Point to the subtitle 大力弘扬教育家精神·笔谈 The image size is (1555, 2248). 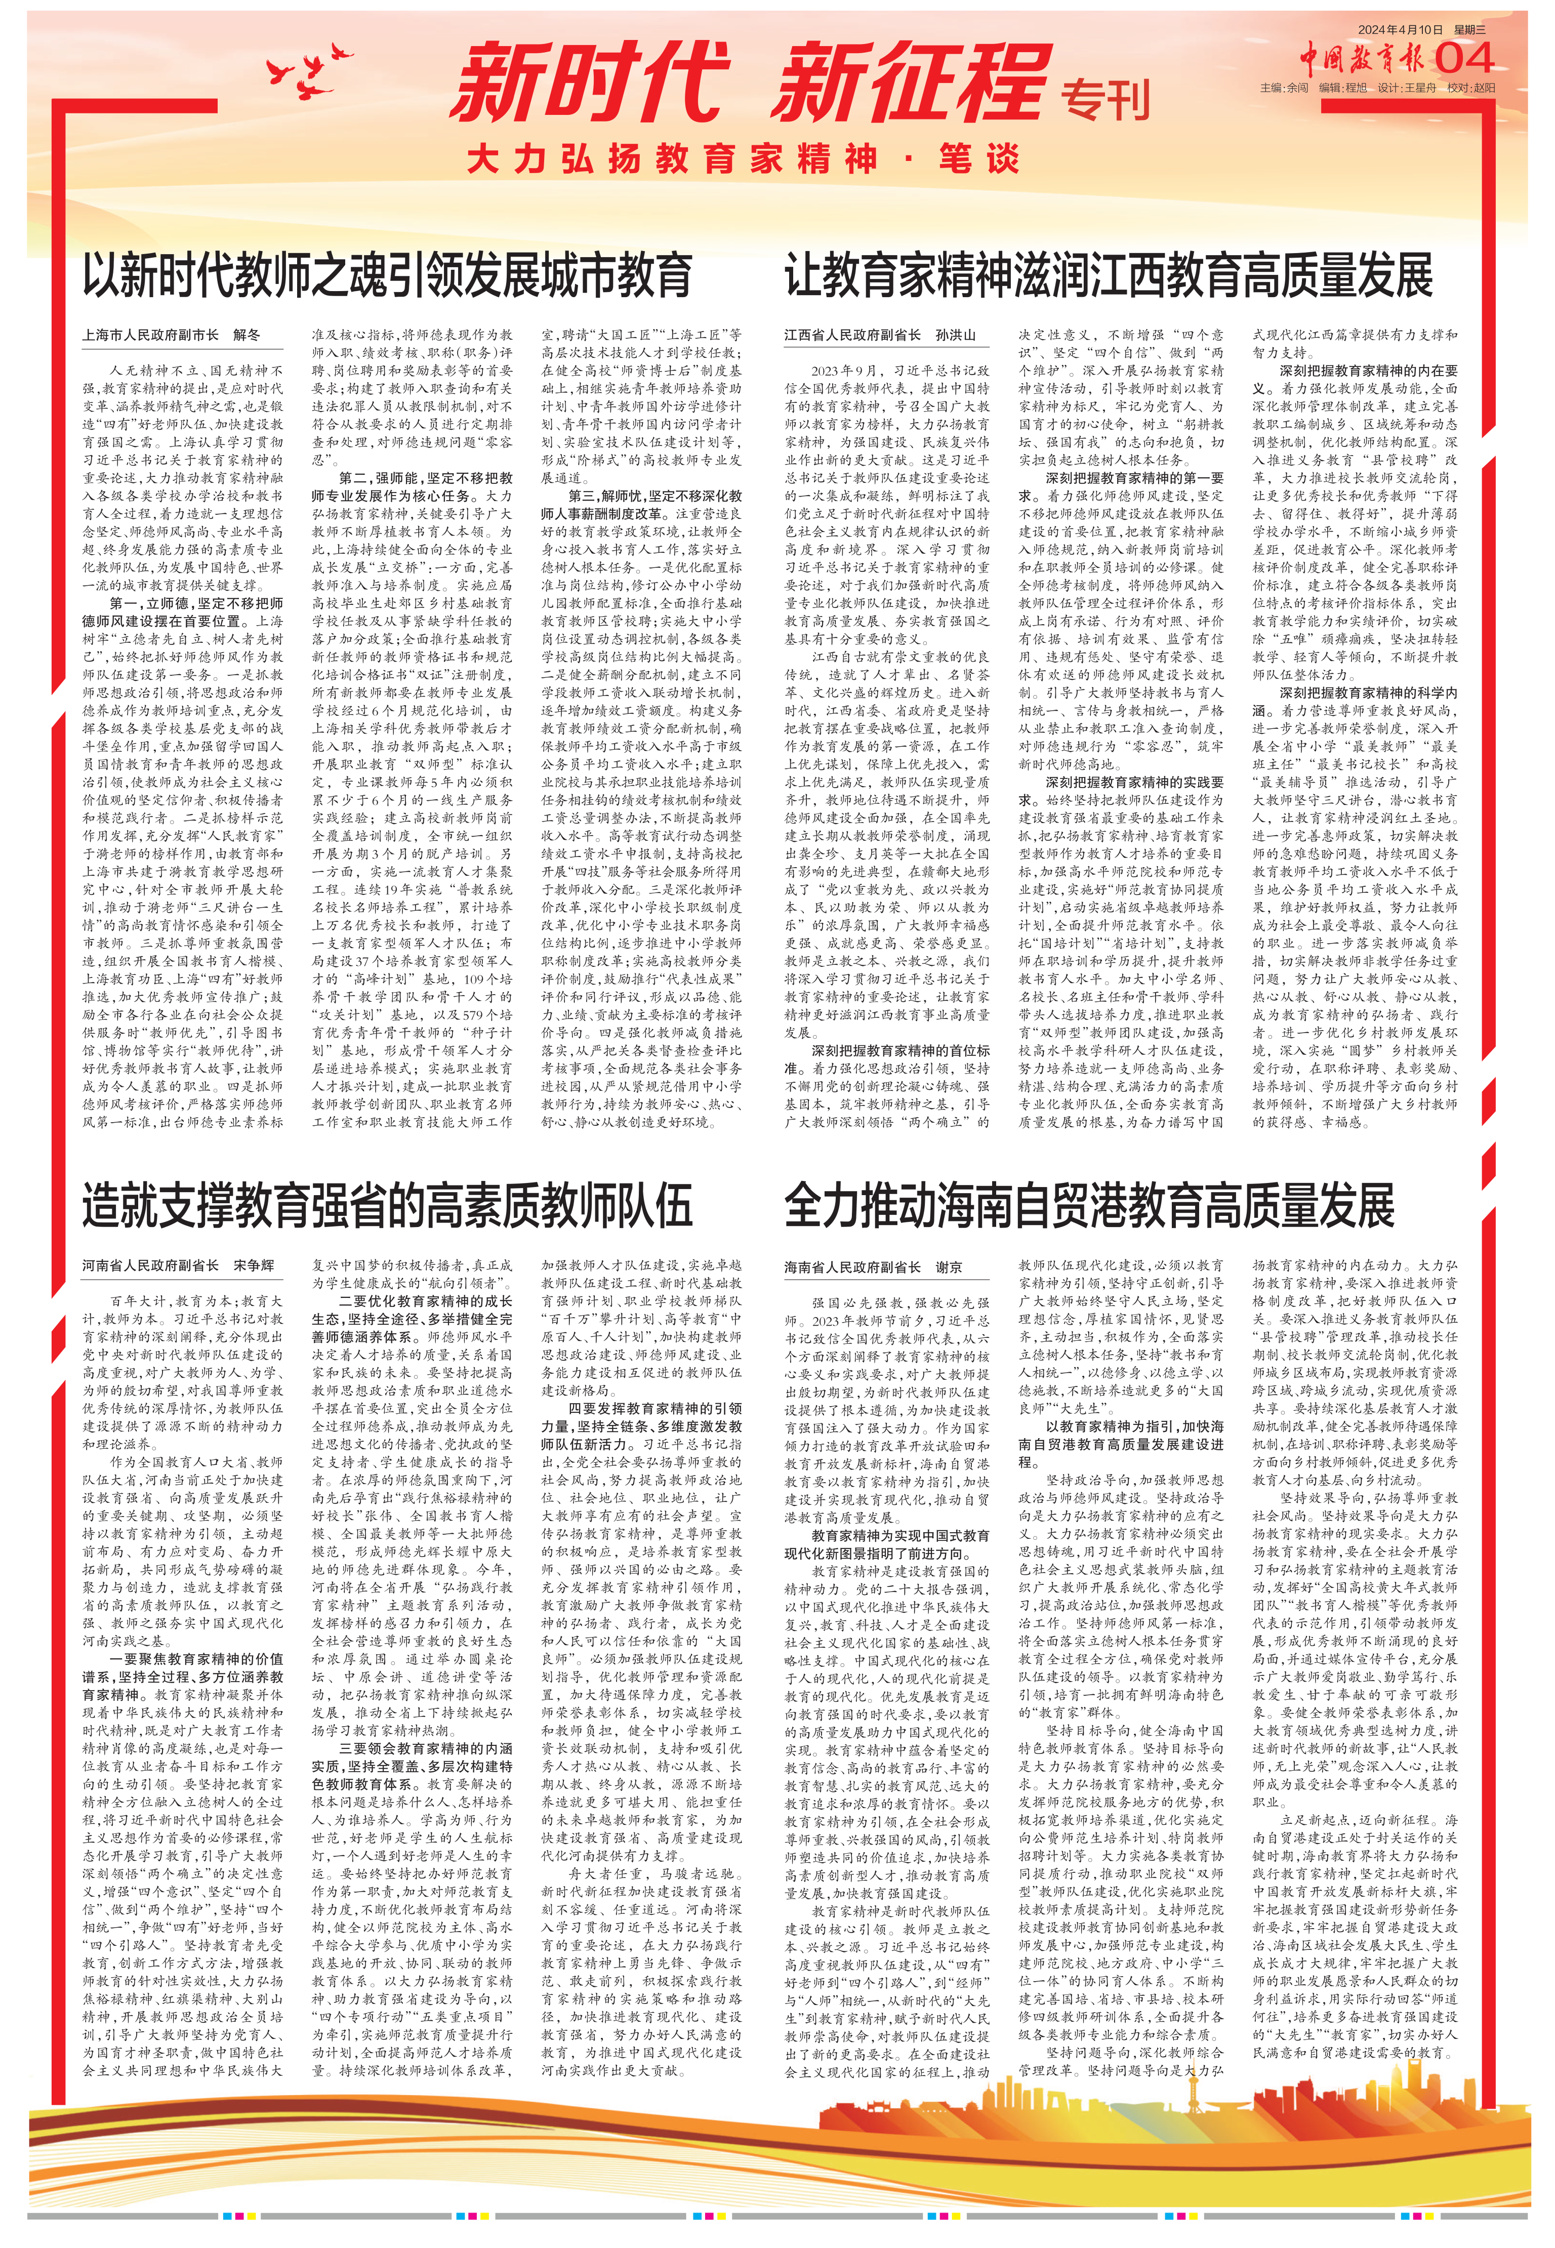[x=743, y=159]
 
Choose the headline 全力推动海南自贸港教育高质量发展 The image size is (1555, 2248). [x=1089, y=1206]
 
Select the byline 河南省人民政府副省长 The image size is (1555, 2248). [x=150, y=1266]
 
